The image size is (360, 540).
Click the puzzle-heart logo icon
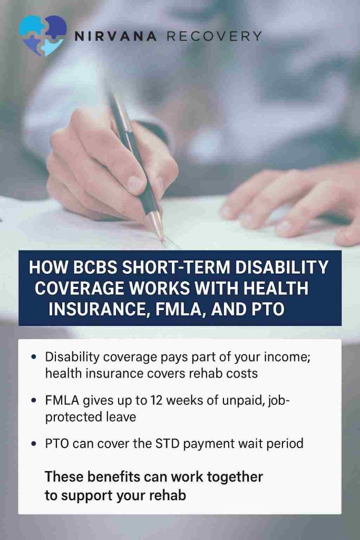(x=43, y=35)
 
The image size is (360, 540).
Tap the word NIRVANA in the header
(x=115, y=36)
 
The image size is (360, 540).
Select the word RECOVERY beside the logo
(x=215, y=36)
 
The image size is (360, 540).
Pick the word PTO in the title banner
(x=268, y=309)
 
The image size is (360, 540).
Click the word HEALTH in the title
(x=276, y=288)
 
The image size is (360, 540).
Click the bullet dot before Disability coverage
(x=33, y=357)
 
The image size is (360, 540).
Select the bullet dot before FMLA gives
(x=33, y=401)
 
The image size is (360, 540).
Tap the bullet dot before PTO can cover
(x=33, y=443)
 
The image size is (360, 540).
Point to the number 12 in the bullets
(x=157, y=401)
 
